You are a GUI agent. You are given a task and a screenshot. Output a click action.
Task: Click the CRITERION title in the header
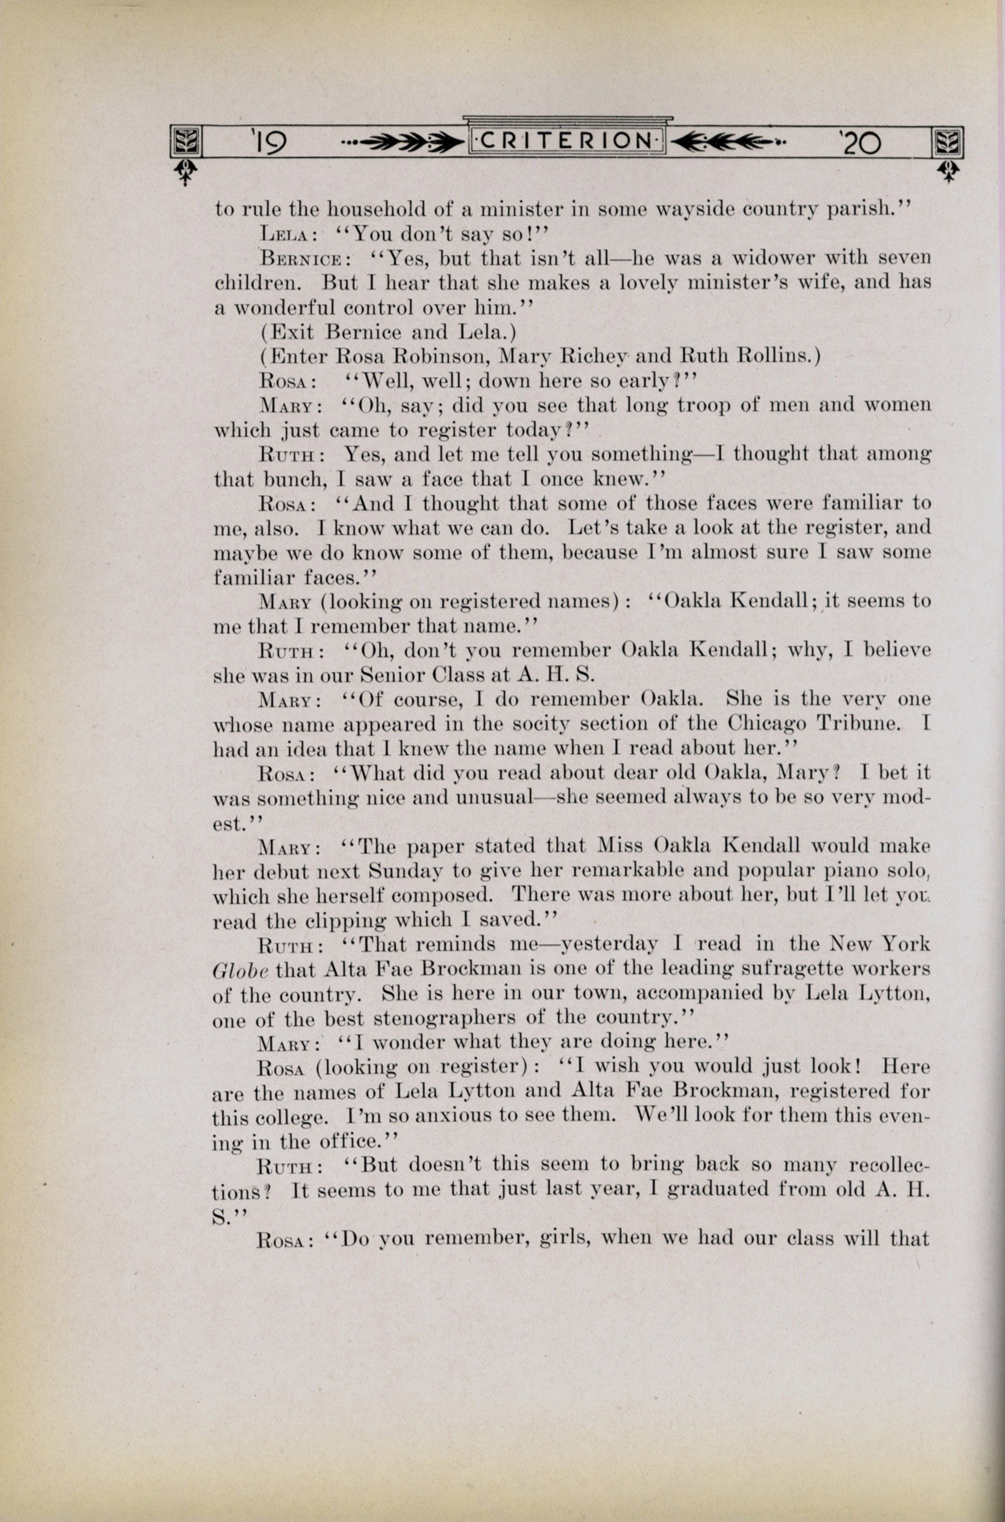click(568, 141)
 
